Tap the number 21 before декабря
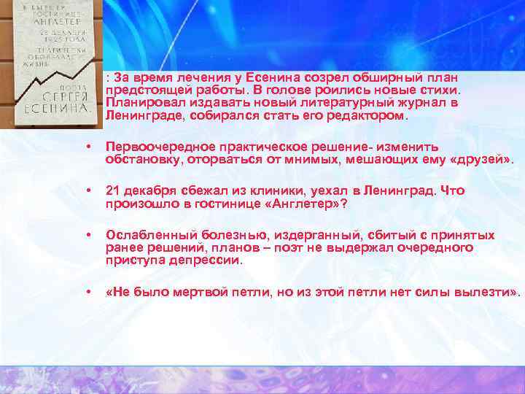112,191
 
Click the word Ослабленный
146,236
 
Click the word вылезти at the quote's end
489,293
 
